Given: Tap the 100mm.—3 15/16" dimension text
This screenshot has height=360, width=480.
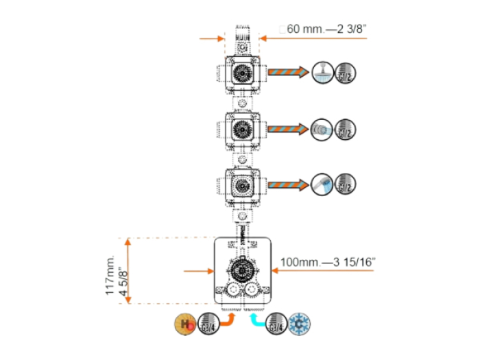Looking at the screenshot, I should pos(328,261).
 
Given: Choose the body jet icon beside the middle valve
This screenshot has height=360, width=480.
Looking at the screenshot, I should pos(320,128).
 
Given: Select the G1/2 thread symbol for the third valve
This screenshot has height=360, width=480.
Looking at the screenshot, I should pos(345,184).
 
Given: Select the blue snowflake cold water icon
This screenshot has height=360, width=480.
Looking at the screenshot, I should pos(299,323).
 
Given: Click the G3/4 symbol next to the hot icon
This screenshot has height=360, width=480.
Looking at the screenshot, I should pos(208,323).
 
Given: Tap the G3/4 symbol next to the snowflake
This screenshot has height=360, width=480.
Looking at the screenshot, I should pos(276,323).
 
